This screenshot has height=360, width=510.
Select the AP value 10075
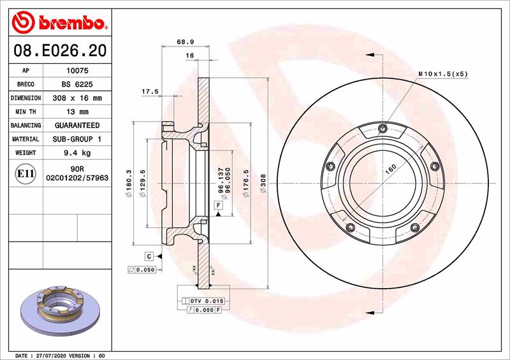pyautogui.click(x=78, y=71)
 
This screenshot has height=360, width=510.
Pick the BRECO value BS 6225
pyautogui.click(x=78, y=85)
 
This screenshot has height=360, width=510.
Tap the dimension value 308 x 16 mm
pyautogui.click(x=78, y=98)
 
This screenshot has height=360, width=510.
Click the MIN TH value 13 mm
pyautogui.click(x=78, y=112)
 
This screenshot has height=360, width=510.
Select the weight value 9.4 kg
pyautogui.click(x=78, y=153)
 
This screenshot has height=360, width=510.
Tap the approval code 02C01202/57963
pyautogui.click(x=78, y=180)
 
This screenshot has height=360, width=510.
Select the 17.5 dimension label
pyautogui.click(x=150, y=92)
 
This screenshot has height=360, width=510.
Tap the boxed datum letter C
pyautogui.click(x=149, y=256)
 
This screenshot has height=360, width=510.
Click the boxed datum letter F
pyautogui.click(x=218, y=205)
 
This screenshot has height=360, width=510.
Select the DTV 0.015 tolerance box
pyautogui.click(x=203, y=300)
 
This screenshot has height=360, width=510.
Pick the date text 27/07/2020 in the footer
pyautogui.click(x=56, y=355)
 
